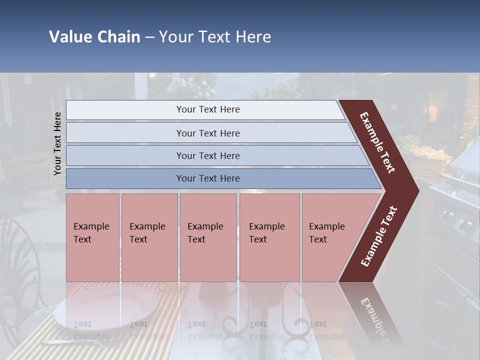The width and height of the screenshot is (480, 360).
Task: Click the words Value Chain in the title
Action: (x=94, y=37)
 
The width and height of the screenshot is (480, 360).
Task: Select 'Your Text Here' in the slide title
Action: (x=215, y=37)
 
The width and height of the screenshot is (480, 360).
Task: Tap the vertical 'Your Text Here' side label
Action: (x=57, y=143)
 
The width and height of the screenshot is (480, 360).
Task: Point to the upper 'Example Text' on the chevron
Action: (x=377, y=142)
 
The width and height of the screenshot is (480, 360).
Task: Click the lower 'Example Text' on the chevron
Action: (x=379, y=236)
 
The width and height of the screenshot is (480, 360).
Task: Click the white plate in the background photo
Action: (x=105, y=307)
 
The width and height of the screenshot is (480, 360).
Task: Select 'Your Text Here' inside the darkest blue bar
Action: (x=208, y=178)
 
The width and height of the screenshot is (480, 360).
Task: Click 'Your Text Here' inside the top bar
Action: (x=208, y=109)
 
